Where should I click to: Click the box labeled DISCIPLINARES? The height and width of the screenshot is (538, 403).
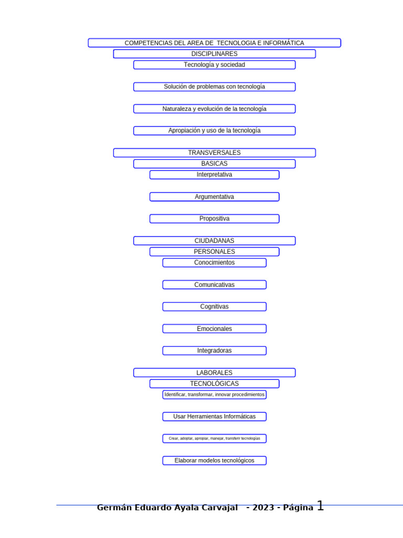(x=214, y=54)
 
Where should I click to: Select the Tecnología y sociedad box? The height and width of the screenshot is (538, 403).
(x=214, y=65)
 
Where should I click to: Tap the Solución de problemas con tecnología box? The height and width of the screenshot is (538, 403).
(x=214, y=87)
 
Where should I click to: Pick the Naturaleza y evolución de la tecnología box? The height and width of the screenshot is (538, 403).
(x=214, y=109)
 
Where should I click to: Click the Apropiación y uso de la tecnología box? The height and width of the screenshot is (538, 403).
(x=214, y=131)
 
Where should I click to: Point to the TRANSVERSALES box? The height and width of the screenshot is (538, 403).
(x=214, y=153)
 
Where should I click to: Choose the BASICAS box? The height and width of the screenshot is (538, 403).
(x=214, y=164)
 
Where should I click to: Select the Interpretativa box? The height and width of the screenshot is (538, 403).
(x=214, y=174)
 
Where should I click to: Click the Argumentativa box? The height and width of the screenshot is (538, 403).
(x=214, y=197)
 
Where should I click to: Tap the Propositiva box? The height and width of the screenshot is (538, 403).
(x=214, y=219)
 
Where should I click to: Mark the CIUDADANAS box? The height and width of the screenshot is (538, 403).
(x=214, y=241)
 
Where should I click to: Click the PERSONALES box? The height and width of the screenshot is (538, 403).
(x=214, y=252)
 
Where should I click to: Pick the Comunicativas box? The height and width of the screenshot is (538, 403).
(x=214, y=285)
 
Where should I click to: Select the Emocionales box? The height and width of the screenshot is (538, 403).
(x=214, y=329)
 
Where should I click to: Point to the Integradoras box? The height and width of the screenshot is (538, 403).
(x=214, y=350)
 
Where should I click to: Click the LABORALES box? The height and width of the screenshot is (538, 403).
(x=214, y=373)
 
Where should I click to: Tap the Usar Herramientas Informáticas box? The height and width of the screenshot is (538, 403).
(x=214, y=417)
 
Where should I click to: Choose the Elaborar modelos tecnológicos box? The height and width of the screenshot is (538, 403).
(x=214, y=461)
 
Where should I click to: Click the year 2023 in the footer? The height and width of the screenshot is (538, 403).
(x=263, y=508)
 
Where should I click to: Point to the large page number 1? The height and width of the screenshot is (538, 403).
(x=320, y=506)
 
